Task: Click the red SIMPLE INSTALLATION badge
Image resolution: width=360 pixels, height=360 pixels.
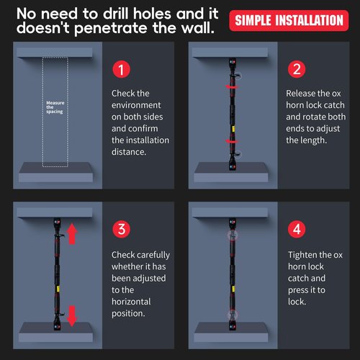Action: (289, 20)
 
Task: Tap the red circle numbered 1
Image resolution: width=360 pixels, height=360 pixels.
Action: (122, 69)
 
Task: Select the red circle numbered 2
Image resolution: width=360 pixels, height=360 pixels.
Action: (297, 69)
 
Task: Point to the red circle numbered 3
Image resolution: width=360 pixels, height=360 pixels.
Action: (122, 229)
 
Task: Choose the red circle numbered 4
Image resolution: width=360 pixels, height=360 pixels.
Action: (297, 229)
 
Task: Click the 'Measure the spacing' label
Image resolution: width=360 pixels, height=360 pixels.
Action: (55, 107)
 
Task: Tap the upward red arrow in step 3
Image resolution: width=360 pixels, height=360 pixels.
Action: (72, 234)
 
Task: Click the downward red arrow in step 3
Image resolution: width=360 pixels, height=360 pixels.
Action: (72, 316)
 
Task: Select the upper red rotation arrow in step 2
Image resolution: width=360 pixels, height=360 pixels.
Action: (232, 86)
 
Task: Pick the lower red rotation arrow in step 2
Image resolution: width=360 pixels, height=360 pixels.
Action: (232, 141)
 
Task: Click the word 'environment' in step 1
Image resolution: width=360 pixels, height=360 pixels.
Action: (136, 105)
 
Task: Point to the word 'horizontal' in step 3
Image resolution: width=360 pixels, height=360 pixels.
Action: (131, 302)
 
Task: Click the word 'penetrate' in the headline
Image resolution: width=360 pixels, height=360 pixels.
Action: (111, 28)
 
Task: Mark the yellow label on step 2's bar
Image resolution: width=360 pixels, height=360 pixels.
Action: (233, 129)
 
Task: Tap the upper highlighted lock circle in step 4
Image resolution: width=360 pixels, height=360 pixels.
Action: (233, 235)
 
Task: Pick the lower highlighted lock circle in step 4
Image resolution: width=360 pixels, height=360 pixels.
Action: (233, 315)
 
